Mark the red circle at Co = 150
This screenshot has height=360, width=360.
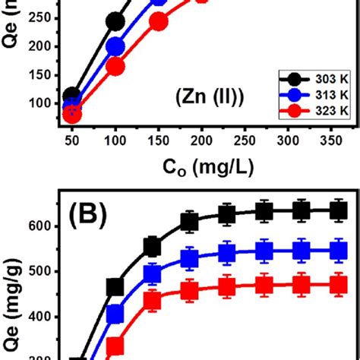[x=159, y=22]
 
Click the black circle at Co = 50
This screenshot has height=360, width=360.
[x=72, y=96]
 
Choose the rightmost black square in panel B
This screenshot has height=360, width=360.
[x=339, y=211]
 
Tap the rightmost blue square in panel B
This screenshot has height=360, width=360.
[x=339, y=250]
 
